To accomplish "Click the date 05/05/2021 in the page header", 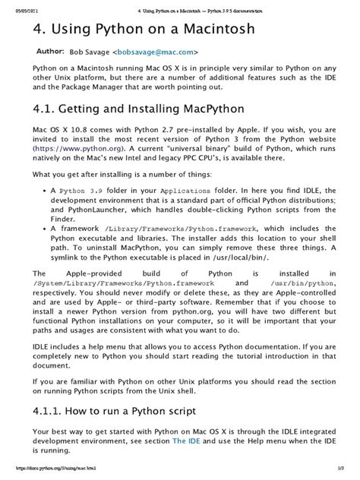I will tap(21, 5).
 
